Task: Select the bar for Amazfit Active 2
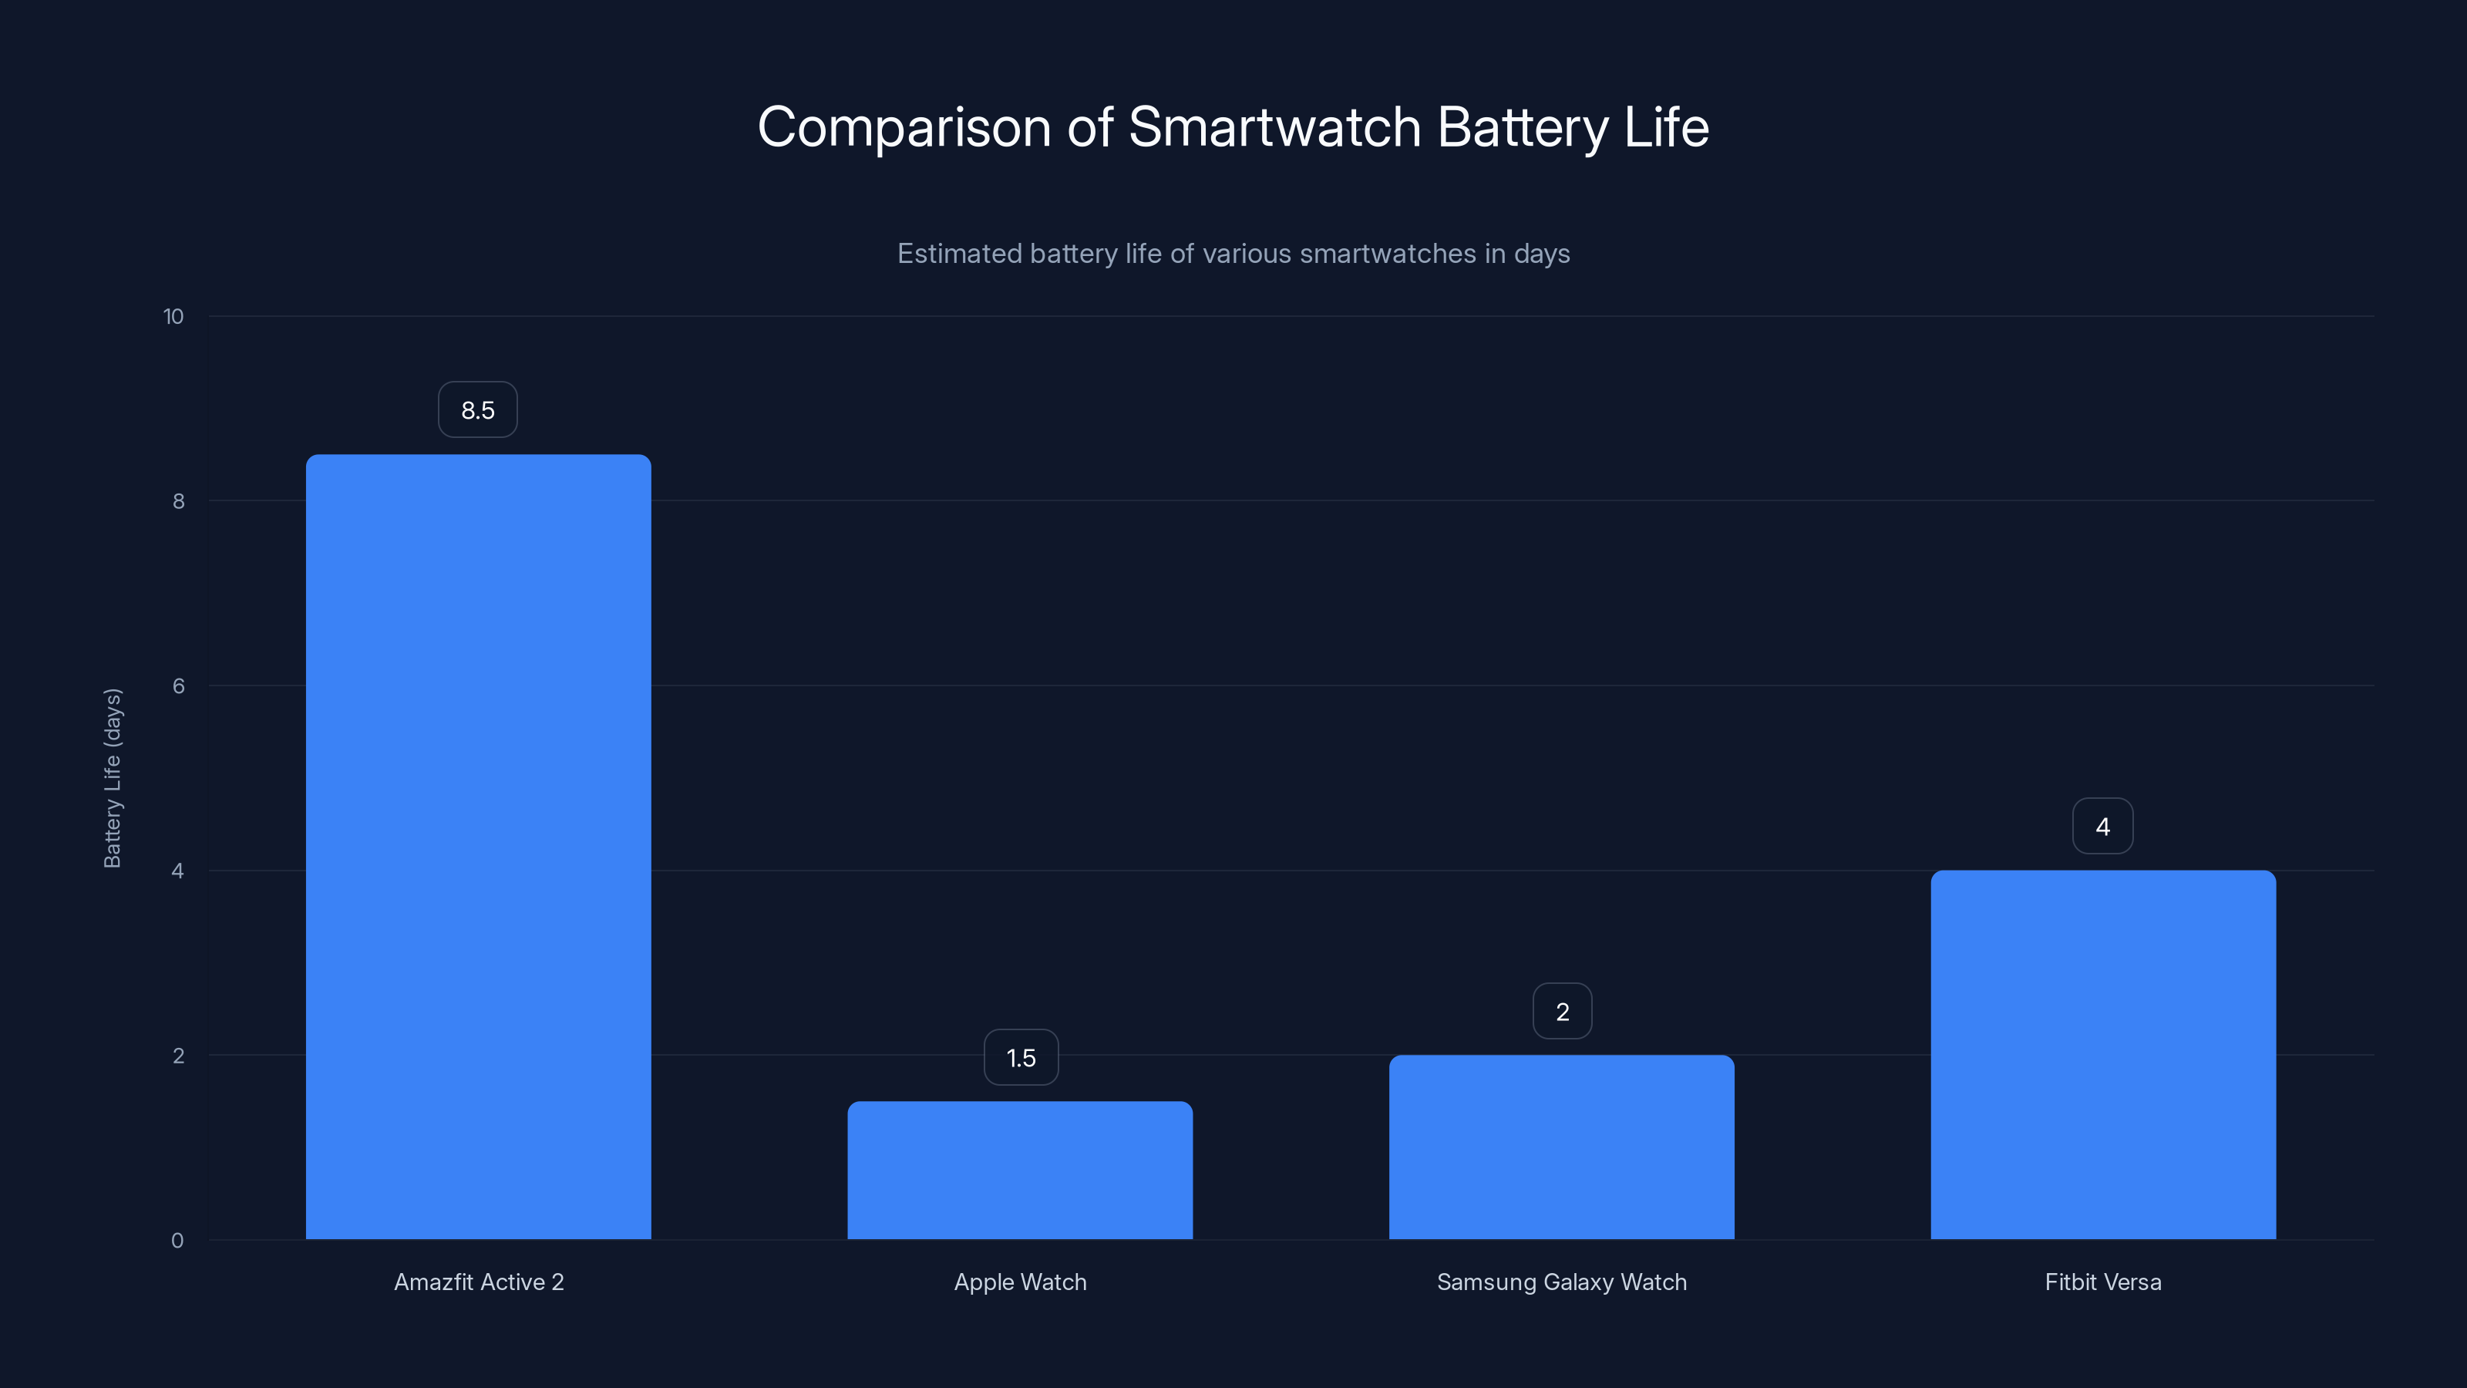pos(478,847)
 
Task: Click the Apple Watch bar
pos(1020,1170)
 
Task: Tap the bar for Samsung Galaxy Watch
pos(1561,1147)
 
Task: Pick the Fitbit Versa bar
pos(2102,1055)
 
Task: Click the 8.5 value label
pos(478,410)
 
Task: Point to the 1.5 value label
pos(1021,1057)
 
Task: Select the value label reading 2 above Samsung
pos(1562,1012)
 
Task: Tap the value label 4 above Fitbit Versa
pos(2102,826)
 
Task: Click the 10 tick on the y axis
pos(173,316)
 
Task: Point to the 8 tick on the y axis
pos(178,501)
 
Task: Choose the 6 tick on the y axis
pos(178,686)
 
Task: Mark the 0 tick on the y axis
pos(177,1241)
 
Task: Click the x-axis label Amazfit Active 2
pos(479,1282)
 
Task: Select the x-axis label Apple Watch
pos(1020,1282)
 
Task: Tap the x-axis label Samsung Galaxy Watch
pos(1561,1282)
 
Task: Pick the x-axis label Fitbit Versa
pos(2102,1282)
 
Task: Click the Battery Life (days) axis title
pos(112,778)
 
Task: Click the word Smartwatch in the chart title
pos(1274,126)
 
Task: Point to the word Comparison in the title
pos(904,126)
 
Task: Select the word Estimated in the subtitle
pos(958,254)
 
